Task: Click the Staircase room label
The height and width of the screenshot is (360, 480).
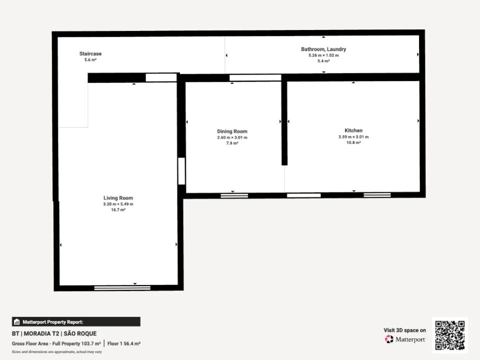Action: point(90,53)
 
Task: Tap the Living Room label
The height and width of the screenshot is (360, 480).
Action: point(118,198)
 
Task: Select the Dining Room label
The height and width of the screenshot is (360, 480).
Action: point(232,131)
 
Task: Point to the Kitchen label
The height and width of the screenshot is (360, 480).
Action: point(353,130)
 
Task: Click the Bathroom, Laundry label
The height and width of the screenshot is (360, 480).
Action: point(323,49)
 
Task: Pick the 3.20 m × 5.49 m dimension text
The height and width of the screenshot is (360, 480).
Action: point(118,204)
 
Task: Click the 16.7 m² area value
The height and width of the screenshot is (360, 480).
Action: point(118,210)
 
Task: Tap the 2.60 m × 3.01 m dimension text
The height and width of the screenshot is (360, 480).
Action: point(232,137)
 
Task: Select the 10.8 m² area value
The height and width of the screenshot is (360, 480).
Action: point(353,142)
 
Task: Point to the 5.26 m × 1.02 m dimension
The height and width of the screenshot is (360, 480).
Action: point(323,55)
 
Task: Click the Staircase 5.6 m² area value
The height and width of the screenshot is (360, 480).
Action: point(90,60)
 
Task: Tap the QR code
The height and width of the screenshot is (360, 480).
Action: point(450,335)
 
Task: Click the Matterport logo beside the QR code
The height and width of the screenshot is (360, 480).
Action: point(404,339)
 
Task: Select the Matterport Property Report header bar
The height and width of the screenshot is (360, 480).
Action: point(76,321)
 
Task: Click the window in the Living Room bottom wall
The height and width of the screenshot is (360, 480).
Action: point(122,288)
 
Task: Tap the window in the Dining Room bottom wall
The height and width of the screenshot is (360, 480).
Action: point(234,195)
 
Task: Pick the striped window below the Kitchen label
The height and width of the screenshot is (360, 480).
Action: point(377,195)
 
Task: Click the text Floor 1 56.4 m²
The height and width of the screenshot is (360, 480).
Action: point(124,343)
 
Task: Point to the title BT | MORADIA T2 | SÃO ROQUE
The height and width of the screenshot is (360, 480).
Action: point(54,333)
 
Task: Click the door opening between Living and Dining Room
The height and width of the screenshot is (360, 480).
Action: point(181,171)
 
